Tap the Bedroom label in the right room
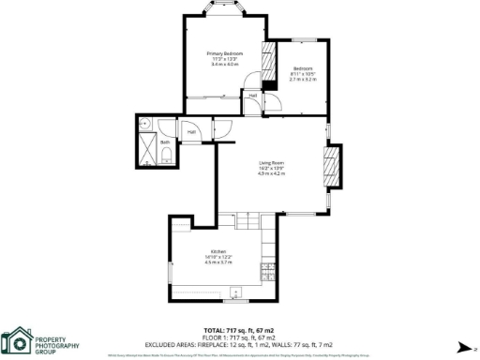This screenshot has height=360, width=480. (302, 69)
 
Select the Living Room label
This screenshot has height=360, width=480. (272, 163)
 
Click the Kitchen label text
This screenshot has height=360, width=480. (217, 251)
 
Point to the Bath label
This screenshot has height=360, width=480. (165, 142)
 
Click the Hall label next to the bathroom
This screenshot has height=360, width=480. (191, 131)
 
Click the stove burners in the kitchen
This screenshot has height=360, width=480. (268, 275)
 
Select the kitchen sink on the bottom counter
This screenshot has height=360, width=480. (235, 292)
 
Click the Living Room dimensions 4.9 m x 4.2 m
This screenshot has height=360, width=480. (272, 174)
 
